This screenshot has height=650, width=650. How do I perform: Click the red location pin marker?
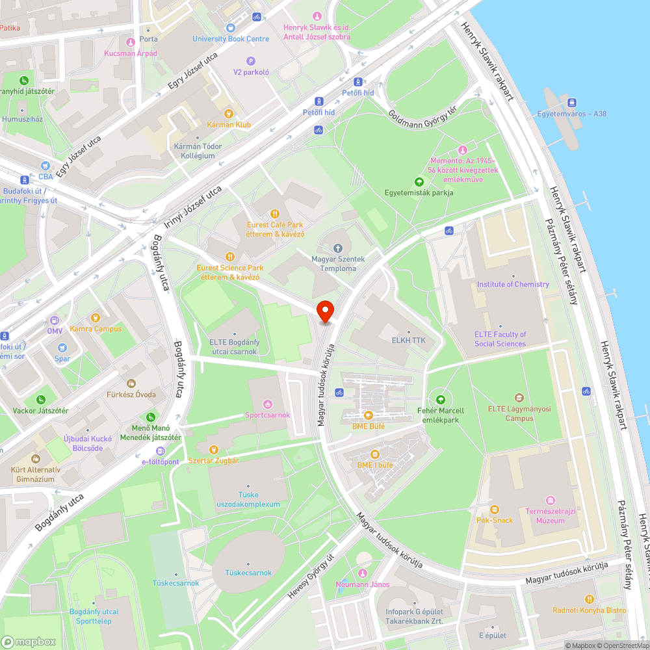324,311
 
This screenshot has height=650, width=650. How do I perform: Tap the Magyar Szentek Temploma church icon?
337,248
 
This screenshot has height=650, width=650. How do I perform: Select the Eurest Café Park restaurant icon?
275,213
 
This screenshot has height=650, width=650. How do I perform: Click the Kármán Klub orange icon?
228,113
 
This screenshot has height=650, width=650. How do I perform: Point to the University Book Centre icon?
230,28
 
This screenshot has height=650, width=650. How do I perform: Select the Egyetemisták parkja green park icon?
419,181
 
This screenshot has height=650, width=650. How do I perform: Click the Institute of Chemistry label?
513,284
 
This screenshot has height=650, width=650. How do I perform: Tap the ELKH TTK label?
408,339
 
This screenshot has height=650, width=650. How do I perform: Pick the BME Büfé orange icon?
369,415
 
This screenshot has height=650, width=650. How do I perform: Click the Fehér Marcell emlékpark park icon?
441,400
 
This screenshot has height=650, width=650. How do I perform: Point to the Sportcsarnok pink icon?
267,404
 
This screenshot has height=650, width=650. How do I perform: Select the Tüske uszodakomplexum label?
250,499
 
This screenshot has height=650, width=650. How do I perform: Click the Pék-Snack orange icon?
495,509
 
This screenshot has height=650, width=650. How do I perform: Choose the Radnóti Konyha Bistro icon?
589,599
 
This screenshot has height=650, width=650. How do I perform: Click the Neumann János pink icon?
362,573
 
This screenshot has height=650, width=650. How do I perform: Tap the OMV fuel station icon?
55,320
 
